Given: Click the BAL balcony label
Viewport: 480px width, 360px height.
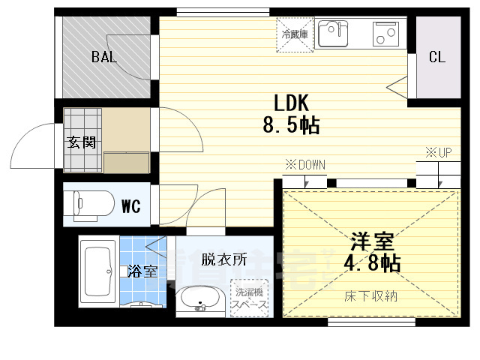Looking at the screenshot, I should tap(104, 58).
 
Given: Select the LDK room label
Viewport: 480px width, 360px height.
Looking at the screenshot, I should tap(292, 103).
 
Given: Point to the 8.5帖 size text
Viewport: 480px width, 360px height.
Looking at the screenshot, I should tap(291, 125).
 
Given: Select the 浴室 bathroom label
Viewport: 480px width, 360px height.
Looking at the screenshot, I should tap(142, 271).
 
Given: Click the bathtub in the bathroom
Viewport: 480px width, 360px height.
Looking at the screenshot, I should tap(98, 272).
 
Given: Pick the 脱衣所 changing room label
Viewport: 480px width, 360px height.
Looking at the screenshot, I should tap(223, 260).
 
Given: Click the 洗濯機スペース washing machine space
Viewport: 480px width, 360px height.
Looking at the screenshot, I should tap(250, 298).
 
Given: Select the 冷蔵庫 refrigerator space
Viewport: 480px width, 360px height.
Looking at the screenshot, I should tap(295, 34).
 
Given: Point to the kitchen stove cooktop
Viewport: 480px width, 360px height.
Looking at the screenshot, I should tap(386, 33).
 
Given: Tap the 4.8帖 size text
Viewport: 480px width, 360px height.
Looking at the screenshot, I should tap(373, 263).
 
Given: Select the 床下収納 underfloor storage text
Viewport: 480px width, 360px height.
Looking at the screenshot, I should tap(373, 296).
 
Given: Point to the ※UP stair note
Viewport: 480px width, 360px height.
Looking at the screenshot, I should tap(439, 153).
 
